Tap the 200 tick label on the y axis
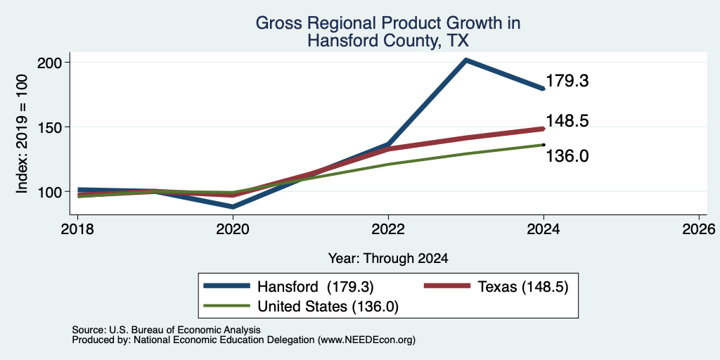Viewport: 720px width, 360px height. point(51,62)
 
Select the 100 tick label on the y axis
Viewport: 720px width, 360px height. point(51,191)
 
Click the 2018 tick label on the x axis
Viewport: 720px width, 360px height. point(77,229)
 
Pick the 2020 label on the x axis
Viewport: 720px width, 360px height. point(233,229)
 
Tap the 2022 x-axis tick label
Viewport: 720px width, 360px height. point(388,229)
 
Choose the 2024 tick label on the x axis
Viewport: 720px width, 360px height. point(544,229)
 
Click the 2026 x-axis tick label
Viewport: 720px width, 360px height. point(699,229)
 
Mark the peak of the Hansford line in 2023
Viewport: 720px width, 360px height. point(466,60)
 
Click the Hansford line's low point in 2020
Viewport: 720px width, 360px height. point(233,207)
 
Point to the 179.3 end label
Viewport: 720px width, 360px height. point(567,81)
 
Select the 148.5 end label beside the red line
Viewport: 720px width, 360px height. point(567,121)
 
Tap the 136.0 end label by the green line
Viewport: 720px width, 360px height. point(567,157)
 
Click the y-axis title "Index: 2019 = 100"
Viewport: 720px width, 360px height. point(22,134)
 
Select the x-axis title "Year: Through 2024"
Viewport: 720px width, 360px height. point(388,259)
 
